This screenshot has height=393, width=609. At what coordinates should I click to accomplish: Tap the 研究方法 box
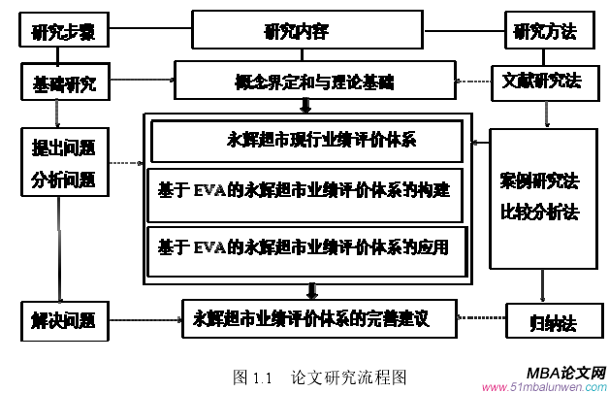[544, 30]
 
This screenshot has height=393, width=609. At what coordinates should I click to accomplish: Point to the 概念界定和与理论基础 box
[313, 80]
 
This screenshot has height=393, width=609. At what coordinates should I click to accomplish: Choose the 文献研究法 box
[541, 81]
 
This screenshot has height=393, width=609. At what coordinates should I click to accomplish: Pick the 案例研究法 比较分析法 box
[539, 197]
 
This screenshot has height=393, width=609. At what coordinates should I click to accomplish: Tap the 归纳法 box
[540, 318]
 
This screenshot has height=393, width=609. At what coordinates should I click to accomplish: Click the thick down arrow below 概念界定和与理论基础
[308, 104]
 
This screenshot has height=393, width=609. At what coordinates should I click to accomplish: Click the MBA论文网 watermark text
[567, 372]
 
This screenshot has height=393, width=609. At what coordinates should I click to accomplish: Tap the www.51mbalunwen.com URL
[549, 385]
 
